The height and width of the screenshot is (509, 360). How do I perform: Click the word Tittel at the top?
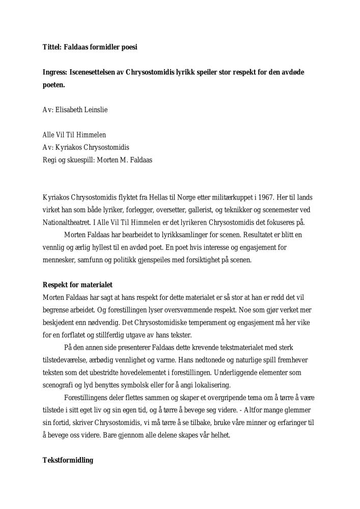point(51,47)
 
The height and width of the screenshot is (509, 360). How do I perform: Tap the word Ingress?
point(54,72)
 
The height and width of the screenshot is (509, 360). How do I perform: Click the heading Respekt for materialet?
point(77,285)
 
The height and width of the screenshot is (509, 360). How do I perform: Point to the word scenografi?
point(59,385)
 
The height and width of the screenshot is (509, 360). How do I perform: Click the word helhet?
point(219,435)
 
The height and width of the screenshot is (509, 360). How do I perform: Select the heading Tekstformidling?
point(68,460)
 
